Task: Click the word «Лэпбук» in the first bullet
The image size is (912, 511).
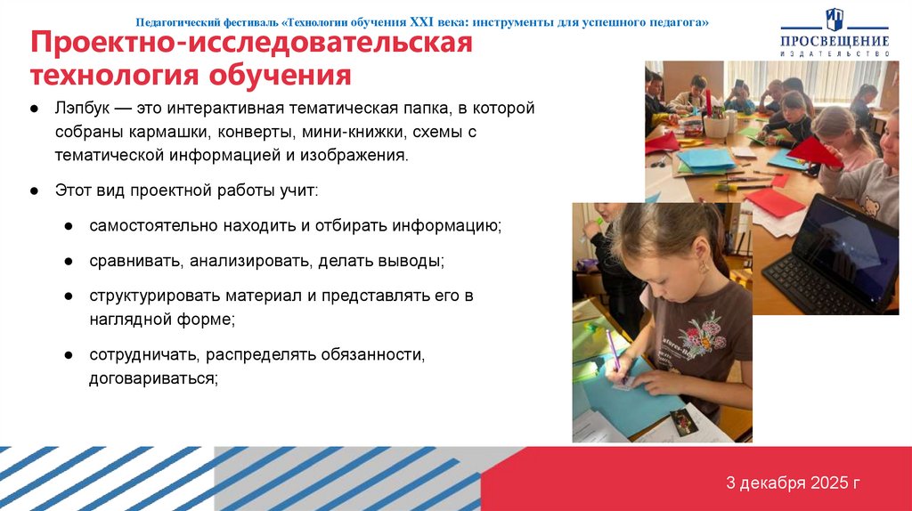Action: (x=81, y=109)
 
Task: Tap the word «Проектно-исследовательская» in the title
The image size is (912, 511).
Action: (x=251, y=43)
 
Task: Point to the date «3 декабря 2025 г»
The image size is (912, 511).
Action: (x=792, y=483)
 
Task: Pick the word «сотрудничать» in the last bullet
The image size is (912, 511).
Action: (x=143, y=354)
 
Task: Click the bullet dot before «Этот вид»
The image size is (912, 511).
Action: (x=34, y=191)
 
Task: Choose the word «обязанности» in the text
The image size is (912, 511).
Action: (x=379, y=354)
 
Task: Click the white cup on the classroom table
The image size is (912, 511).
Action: (x=715, y=126)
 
